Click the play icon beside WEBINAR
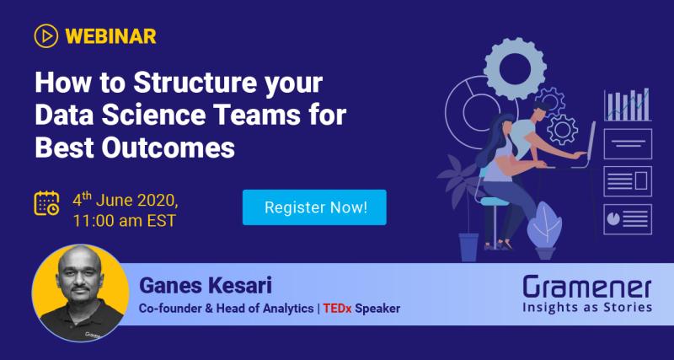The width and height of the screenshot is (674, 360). pyautogui.click(x=45, y=36)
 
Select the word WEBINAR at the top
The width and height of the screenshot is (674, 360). pyautogui.click(x=110, y=36)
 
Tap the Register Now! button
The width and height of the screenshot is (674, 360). pyautogui.click(x=314, y=207)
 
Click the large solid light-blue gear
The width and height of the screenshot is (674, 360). pyautogui.click(x=515, y=66)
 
